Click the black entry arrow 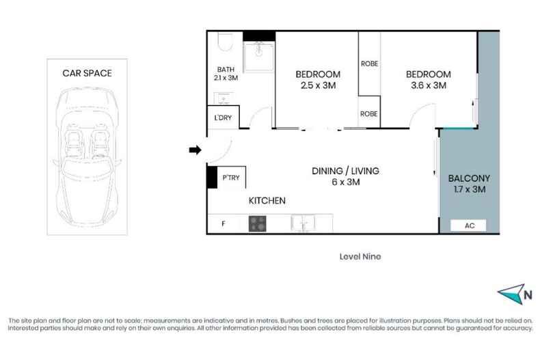[x=195, y=150]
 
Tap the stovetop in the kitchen [x=258, y=223]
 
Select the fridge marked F [x=224, y=223]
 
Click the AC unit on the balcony [x=468, y=225]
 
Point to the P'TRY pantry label [x=231, y=178]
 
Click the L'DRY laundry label [x=223, y=117]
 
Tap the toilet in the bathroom [x=226, y=42]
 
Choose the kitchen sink [x=303, y=223]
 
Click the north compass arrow [x=511, y=294]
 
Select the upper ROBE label [x=369, y=64]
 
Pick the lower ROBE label [x=369, y=113]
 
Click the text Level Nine [x=360, y=256]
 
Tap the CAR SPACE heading [x=87, y=73]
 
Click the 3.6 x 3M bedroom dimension [x=429, y=85]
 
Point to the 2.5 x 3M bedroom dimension [x=319, y=85]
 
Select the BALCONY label [x=469, y=178]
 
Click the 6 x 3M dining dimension [x=346, y=182]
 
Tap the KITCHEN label [x=267, y=201]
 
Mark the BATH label [x=226, y=70]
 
